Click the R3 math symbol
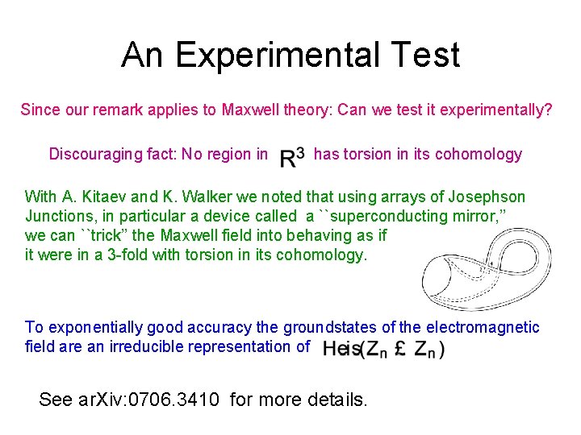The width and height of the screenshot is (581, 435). [292, 155]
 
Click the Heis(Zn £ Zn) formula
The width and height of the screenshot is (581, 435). [383, 348]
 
